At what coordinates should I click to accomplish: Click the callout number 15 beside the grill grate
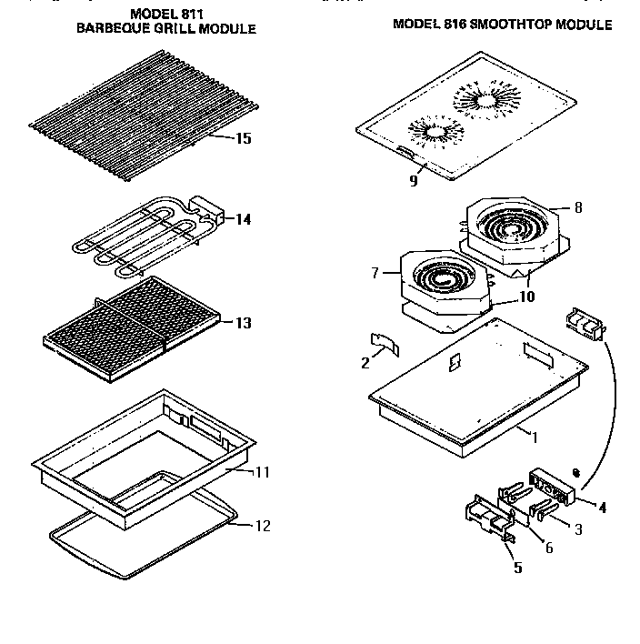[243, 139]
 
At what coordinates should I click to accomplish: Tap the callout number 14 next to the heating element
[243, 219]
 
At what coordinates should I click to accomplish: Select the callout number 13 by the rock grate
[243, 323]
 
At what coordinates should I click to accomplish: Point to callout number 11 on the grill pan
[262, 473]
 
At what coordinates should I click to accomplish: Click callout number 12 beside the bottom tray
[262, 526]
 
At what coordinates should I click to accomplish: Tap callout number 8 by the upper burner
[578, 207]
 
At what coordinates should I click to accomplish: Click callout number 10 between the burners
[526, 297]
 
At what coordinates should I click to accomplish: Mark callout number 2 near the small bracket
[365, 363]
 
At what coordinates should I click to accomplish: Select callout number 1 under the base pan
[535, 438]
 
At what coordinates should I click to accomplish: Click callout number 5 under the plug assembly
[517, 569]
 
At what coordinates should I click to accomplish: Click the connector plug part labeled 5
[489, 522]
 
